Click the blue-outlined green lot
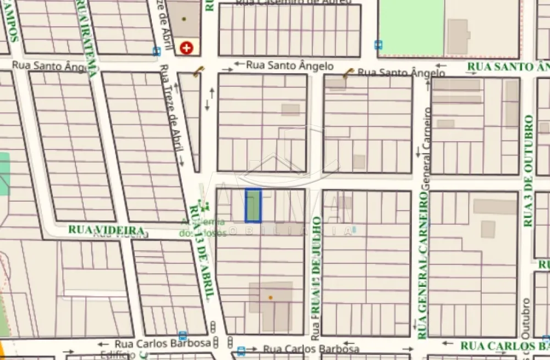click(253, 206)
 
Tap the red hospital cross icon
click(186, 48)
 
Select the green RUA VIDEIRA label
click(106, 230)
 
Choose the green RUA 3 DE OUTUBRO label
click(529, 171)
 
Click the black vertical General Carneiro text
click(425, 140)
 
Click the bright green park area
click(411, 27)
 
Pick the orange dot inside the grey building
click(270, 297)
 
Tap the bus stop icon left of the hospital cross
click(157, 51)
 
